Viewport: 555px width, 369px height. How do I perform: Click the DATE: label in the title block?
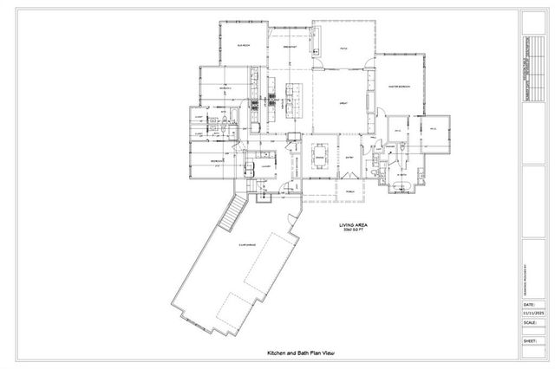pyautogui.click(x=529, y=304)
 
